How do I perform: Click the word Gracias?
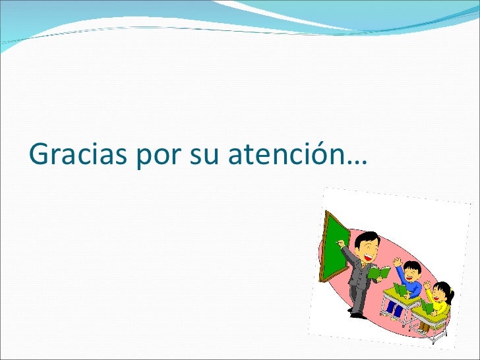click(78, 153)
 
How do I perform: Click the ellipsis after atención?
click(357, 162)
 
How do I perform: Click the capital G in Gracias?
click(38, 153)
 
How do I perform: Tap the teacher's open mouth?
click(368, 257)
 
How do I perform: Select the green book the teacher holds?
click(378, 272)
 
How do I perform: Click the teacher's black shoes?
click(357, 315)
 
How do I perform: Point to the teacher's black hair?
click(367, 239)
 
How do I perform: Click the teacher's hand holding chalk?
click(340, 243)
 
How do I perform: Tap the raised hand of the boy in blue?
click(397, 262)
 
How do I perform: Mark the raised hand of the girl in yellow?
click(427, 285)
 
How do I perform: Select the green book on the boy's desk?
click(400, 289)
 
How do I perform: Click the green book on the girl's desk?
click(427, 307)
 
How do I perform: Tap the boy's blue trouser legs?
click(394, 309)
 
